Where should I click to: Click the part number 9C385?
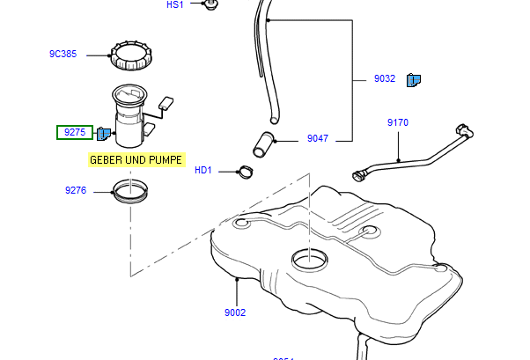point(63,55)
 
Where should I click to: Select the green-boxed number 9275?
point(75,133)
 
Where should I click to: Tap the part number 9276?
point(75,190)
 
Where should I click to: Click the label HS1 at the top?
point(175,5)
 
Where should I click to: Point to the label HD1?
point(203,171)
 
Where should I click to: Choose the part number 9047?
point(317,139)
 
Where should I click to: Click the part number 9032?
point(385,79)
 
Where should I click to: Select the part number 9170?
point(398,123)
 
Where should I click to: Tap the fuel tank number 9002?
point(235,312)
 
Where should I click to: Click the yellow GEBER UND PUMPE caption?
point(136,160)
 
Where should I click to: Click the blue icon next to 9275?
point(104,134)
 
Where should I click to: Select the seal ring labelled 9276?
point(129,190)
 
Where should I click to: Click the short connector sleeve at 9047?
point(262,143)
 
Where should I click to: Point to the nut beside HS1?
point(210,6)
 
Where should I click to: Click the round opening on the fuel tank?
point(311,260)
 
